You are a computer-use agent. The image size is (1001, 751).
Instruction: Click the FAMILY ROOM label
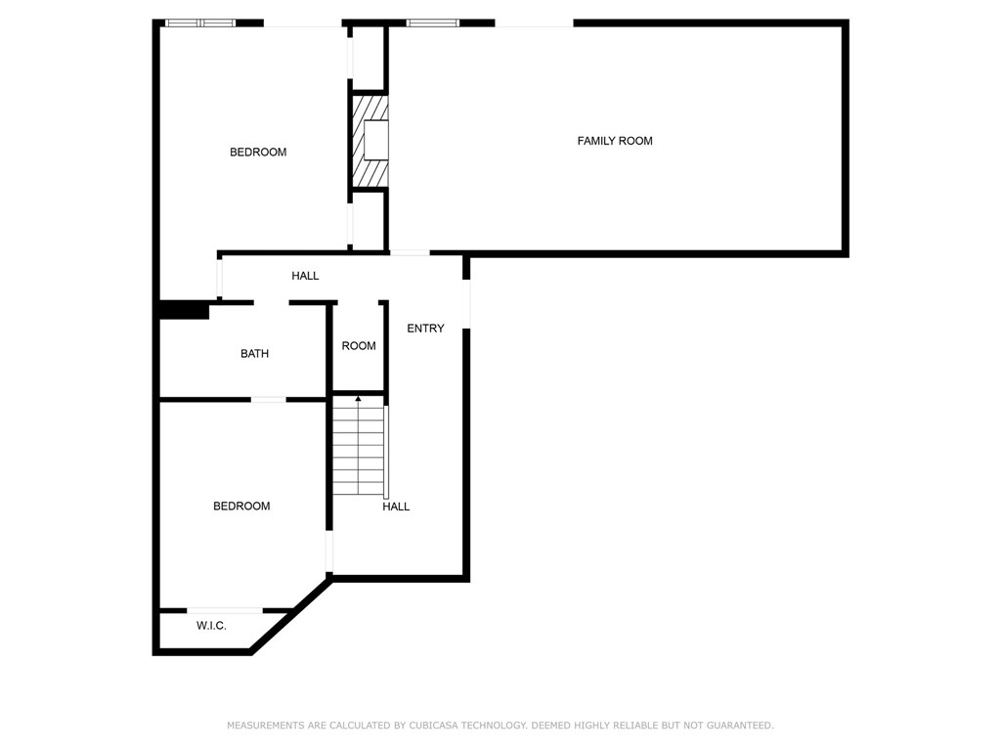click(614, 141)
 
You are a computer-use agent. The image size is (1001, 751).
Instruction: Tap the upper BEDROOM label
click(258, 152)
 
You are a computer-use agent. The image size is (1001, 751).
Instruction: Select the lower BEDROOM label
click(241, 506)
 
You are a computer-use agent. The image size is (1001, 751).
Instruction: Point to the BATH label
click(254, 353)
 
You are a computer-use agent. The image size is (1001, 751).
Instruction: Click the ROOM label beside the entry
click(359, 345)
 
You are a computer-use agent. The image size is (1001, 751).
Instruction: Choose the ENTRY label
click(425, 329)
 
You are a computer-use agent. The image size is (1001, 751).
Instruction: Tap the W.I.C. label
click(211, 625)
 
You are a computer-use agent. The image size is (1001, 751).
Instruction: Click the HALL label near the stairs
click(396, 507)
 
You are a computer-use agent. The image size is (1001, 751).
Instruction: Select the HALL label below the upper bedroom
click(305, 276)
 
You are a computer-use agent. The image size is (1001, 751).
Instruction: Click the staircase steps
click(359, 450)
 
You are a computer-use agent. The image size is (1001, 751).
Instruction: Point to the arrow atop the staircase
click(359, 398)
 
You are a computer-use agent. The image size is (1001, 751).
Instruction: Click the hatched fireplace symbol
click(370, 140)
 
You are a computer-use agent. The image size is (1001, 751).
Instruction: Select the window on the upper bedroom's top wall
click(200, 22)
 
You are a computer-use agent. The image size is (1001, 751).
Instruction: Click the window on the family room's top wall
click(433, 22)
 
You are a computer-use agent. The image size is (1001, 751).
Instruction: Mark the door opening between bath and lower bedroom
click(269, 399)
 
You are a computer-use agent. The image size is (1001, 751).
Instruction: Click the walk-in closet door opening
click(225, 610)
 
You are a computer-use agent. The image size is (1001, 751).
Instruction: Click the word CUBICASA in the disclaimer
click(427, 726)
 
